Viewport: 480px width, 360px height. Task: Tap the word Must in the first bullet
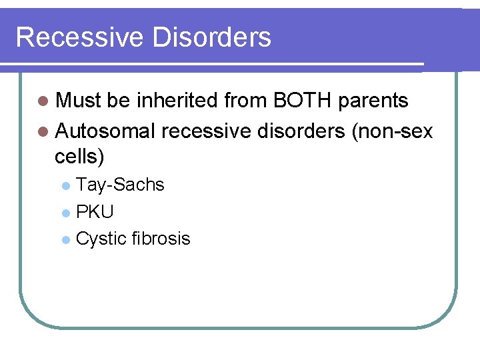point(78,101)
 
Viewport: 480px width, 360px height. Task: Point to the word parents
point(373,101)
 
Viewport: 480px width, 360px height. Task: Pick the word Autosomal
point(105,131)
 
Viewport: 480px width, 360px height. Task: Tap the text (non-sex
point(392,131)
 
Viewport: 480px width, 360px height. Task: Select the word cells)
point(79,157)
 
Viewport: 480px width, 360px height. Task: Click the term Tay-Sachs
point(120,185)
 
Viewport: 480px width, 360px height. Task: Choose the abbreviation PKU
point(95,212)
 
